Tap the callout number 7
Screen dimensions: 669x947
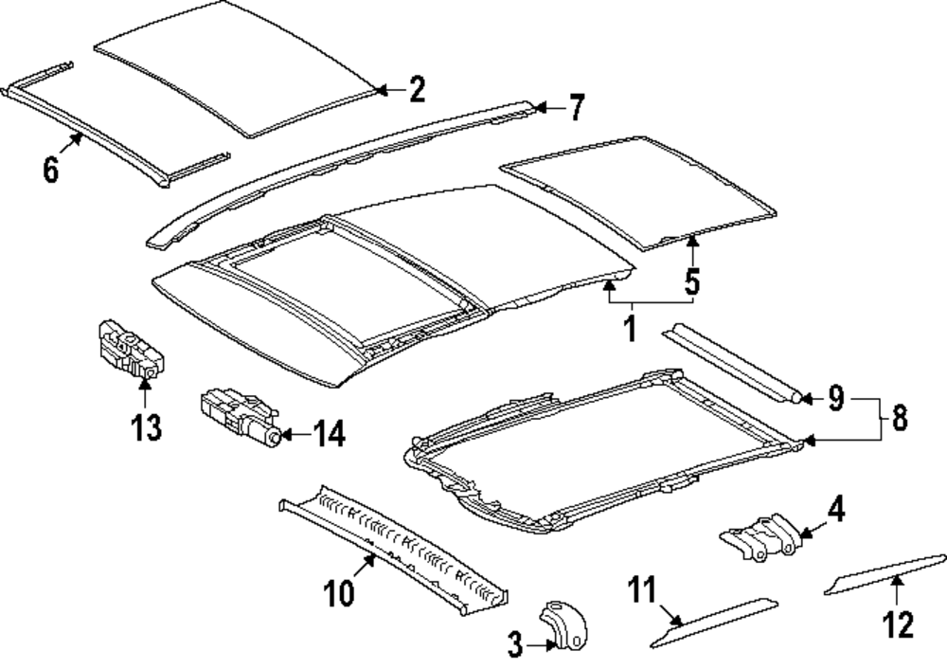click(x=575, y=108)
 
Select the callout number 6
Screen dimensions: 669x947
click(x=51, y=170)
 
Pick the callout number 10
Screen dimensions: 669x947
click(x=339, y=593)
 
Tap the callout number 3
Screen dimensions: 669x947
click(x=514, y=647)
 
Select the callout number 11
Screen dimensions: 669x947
click(x=643, y=593)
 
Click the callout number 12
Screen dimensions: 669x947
click(x=898, y=624)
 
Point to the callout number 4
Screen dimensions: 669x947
click(x=834, y=510)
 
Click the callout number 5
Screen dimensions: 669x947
click(x=692, y=281)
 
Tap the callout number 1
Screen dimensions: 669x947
click(x=628, y=329)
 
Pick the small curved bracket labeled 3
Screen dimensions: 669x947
click(x=564, y=624)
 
